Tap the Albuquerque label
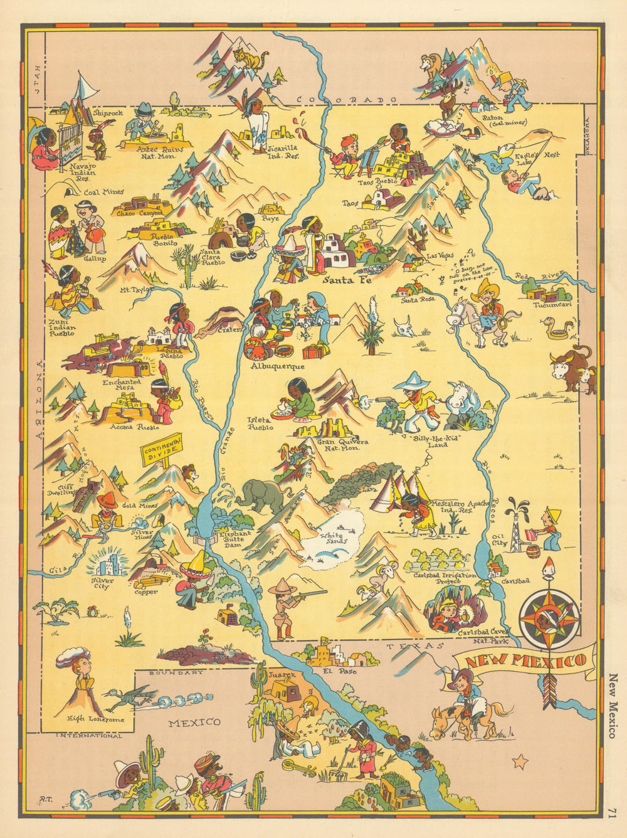277,366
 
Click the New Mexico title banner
525,660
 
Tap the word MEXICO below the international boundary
196,722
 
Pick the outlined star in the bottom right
519,762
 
